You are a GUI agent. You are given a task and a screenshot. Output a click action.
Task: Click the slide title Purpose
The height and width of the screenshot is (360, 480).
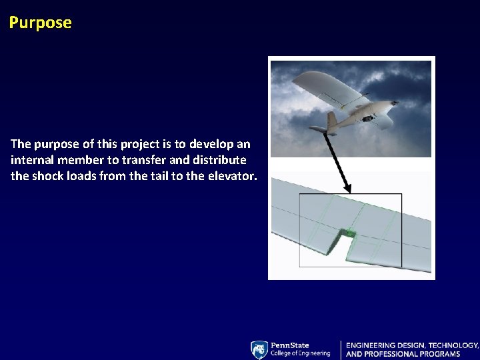point(40,23)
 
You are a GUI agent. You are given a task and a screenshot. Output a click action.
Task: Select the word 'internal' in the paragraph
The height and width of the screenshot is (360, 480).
point(31,161)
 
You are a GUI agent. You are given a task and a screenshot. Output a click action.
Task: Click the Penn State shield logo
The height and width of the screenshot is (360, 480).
point(259,350)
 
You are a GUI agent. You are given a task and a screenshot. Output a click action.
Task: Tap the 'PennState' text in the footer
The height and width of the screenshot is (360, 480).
point(290,345)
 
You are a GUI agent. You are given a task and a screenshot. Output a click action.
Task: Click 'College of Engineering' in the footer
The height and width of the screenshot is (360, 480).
point(300,353)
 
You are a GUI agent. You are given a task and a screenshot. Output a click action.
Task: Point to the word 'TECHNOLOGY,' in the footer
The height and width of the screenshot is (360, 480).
point(453,345)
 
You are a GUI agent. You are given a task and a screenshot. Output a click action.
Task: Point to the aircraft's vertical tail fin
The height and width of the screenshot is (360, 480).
point(331,121)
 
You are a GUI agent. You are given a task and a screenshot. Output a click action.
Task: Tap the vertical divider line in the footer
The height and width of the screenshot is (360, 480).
point(341,350)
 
